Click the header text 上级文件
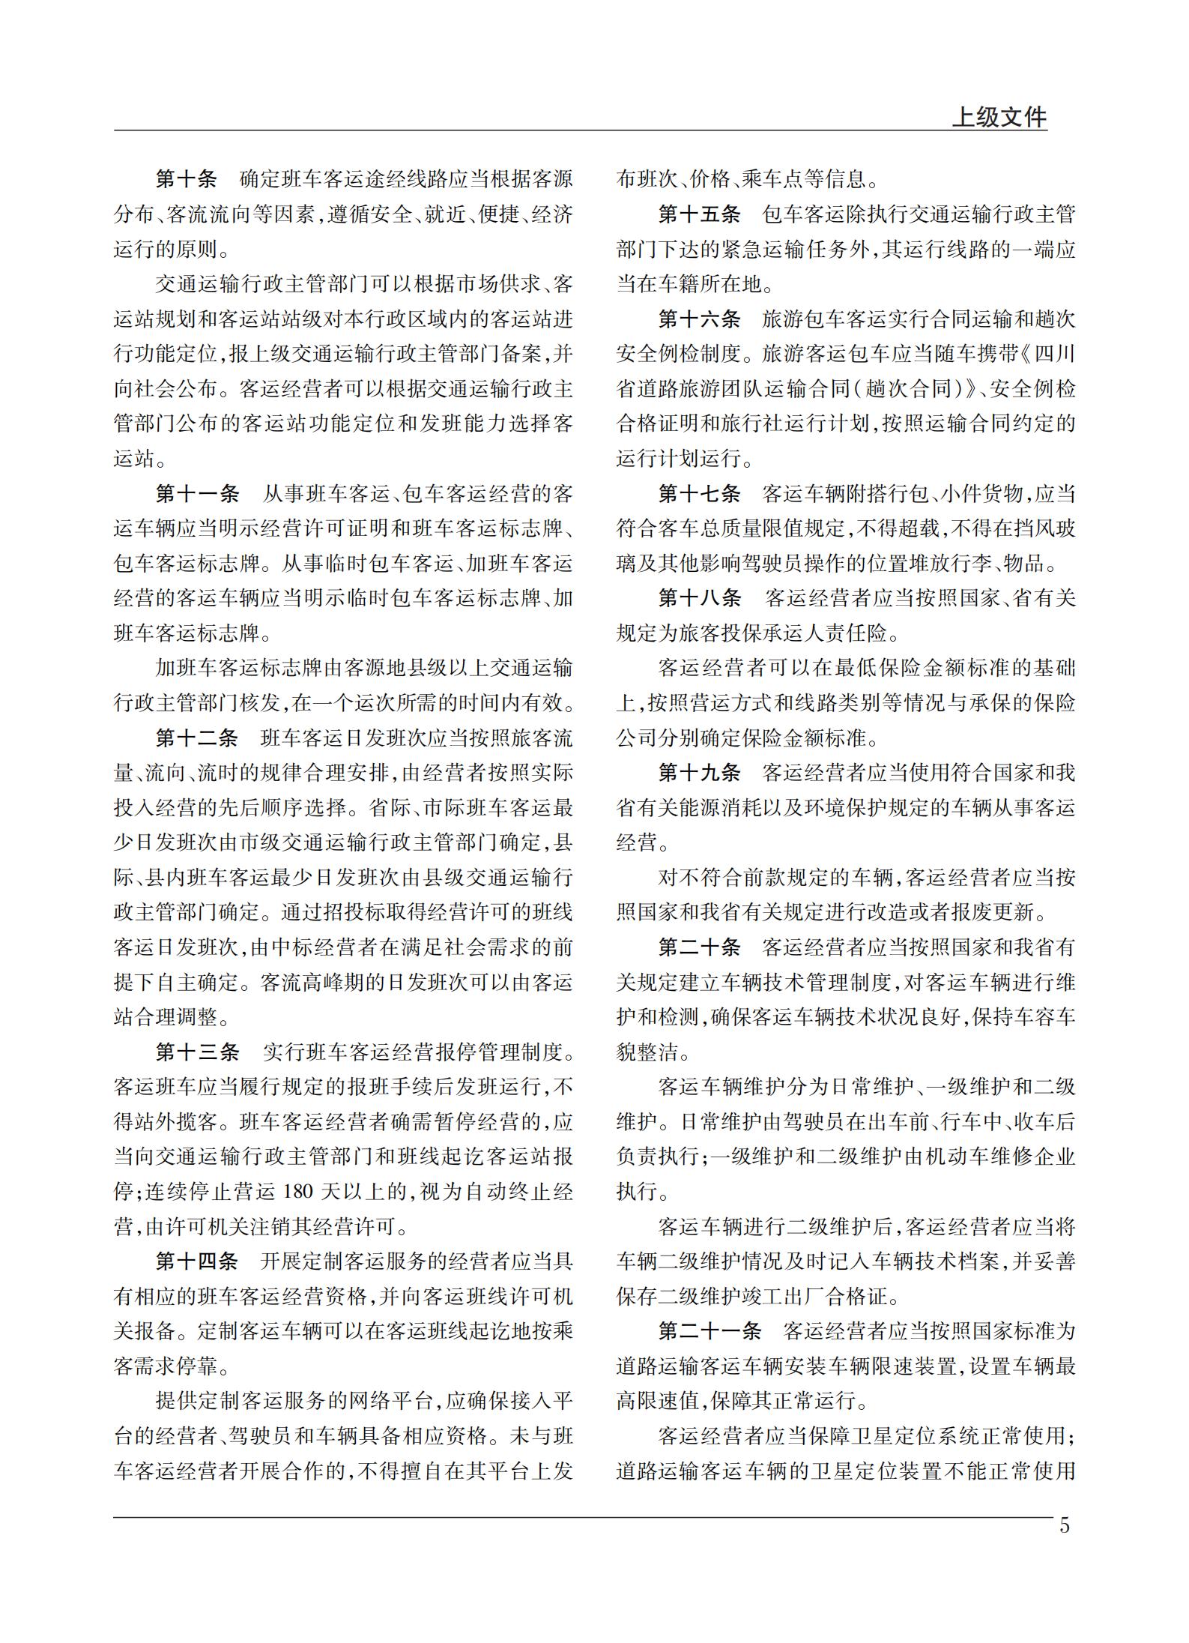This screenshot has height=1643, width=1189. click(x=999, y=118)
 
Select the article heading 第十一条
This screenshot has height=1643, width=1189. click(x=197, y=494)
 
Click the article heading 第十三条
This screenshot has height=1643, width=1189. click(x=197, y=1052)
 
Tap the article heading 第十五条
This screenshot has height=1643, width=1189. click(x=699, y=215)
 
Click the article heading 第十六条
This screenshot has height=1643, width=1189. click(x=699, y=320)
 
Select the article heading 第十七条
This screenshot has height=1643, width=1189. click(x=699, y=494)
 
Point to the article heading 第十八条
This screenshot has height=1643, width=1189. click(x=699, y=599)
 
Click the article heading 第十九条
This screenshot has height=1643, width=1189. click(x=699, y=773)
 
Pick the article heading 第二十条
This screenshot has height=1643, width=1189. click(x=699, y=947)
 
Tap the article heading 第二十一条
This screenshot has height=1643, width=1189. click(x=710, y=1331)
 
